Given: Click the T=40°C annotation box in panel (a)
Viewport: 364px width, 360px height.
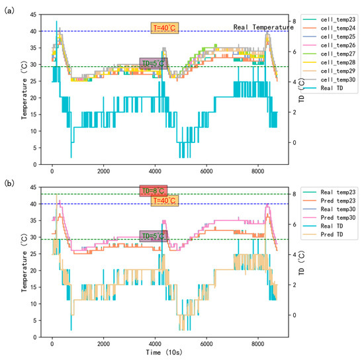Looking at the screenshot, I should pyautogui.click(x=164, y=28).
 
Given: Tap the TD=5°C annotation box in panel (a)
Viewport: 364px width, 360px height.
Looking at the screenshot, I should pyautogui.click(x=154, y=64).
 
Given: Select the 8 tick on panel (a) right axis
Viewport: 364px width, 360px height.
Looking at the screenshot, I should pyautogui.click(x=295, y=22).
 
